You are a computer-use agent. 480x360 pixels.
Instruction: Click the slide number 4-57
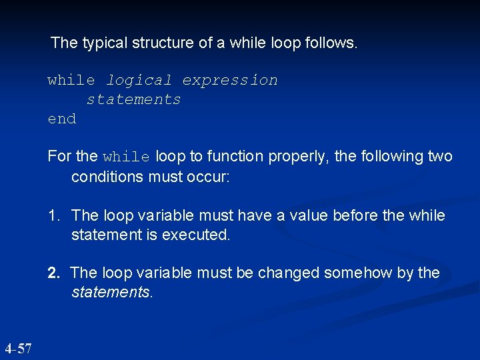point(18,349)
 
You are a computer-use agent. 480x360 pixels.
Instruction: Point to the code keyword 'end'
point(62,119)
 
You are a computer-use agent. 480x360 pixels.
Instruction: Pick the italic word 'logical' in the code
point(139,81)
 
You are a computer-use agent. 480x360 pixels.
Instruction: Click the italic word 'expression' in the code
point(230,81)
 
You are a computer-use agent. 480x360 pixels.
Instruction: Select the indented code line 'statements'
point(133,100)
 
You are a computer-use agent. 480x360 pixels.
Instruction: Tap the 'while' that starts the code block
point(71,81)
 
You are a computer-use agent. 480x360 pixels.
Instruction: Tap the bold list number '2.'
point(54,273)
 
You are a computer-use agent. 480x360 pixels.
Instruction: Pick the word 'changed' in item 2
point(289,273)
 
